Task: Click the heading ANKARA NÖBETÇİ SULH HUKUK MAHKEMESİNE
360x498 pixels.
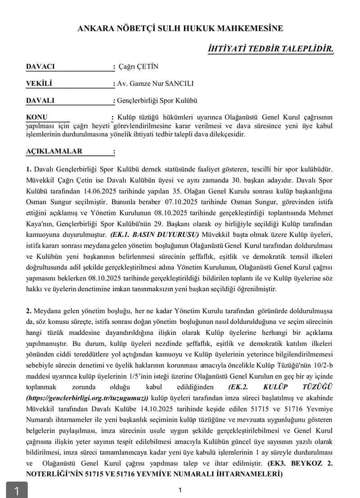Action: pos(180,28)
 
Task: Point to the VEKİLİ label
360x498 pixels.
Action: pos(39,83)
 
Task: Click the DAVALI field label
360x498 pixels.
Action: pos(40,100)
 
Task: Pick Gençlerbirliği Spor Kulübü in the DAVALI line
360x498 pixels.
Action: pos(157,100)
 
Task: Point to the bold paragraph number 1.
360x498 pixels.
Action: pos(29,169)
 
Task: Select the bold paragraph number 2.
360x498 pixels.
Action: pos(29,311)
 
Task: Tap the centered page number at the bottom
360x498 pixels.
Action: pos(180,490)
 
